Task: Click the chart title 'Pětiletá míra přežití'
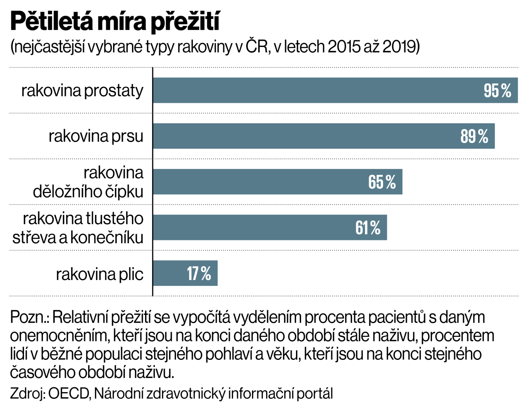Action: pyautogui.click(x=115, y=21)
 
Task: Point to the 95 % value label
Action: pyautogui.click(x=497, y=91)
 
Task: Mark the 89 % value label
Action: pyautogui.click(x=474, y=137)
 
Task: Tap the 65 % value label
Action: pyautogui.click(x=382, y=182)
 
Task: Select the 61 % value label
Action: pyautogui.click(x=368, y=228)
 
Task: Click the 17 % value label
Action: pyautogui.click(x=199, y=274)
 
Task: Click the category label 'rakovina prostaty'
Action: pyautogui.click(x=82, y=91)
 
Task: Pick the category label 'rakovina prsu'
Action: pyautogui.click(x=96, y=136)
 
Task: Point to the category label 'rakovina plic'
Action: pyautogui.click(x=99, y=274)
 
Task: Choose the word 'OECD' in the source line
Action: pyautogui.click(x=69, y=393)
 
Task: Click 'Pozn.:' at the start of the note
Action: pyautogui.click(x=30, y=317)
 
